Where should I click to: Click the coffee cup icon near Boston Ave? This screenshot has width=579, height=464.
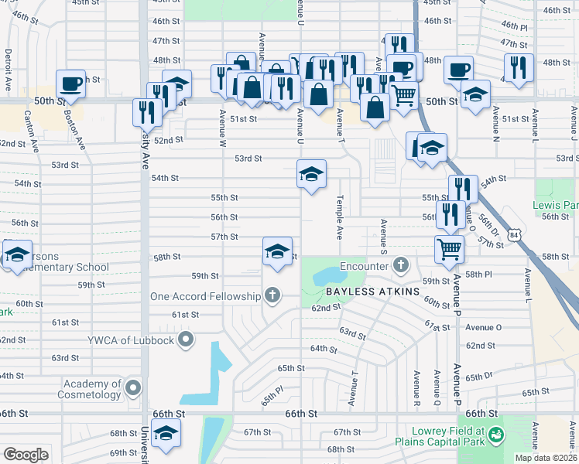[x=70, y=84]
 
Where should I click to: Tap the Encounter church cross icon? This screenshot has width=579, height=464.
[x=399, y=265]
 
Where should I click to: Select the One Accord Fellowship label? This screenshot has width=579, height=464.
[x=206, y=296]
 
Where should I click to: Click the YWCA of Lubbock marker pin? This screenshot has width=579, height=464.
[x=186, y=339]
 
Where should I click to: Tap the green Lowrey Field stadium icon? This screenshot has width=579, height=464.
[x=495, y=438]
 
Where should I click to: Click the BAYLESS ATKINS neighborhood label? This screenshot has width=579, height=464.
[x=372, y=292]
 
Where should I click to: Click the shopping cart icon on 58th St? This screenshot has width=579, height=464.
[x=449, y=249]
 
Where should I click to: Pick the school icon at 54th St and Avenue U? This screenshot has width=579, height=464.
[x=311, y=173]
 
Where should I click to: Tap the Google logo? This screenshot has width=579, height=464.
[x=26, y=454]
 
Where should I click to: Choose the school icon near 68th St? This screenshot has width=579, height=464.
[x=166, y=435]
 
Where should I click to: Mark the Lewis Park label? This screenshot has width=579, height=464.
[x=556, y=206]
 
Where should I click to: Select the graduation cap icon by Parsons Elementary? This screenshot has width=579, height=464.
[x=15, y=254]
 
